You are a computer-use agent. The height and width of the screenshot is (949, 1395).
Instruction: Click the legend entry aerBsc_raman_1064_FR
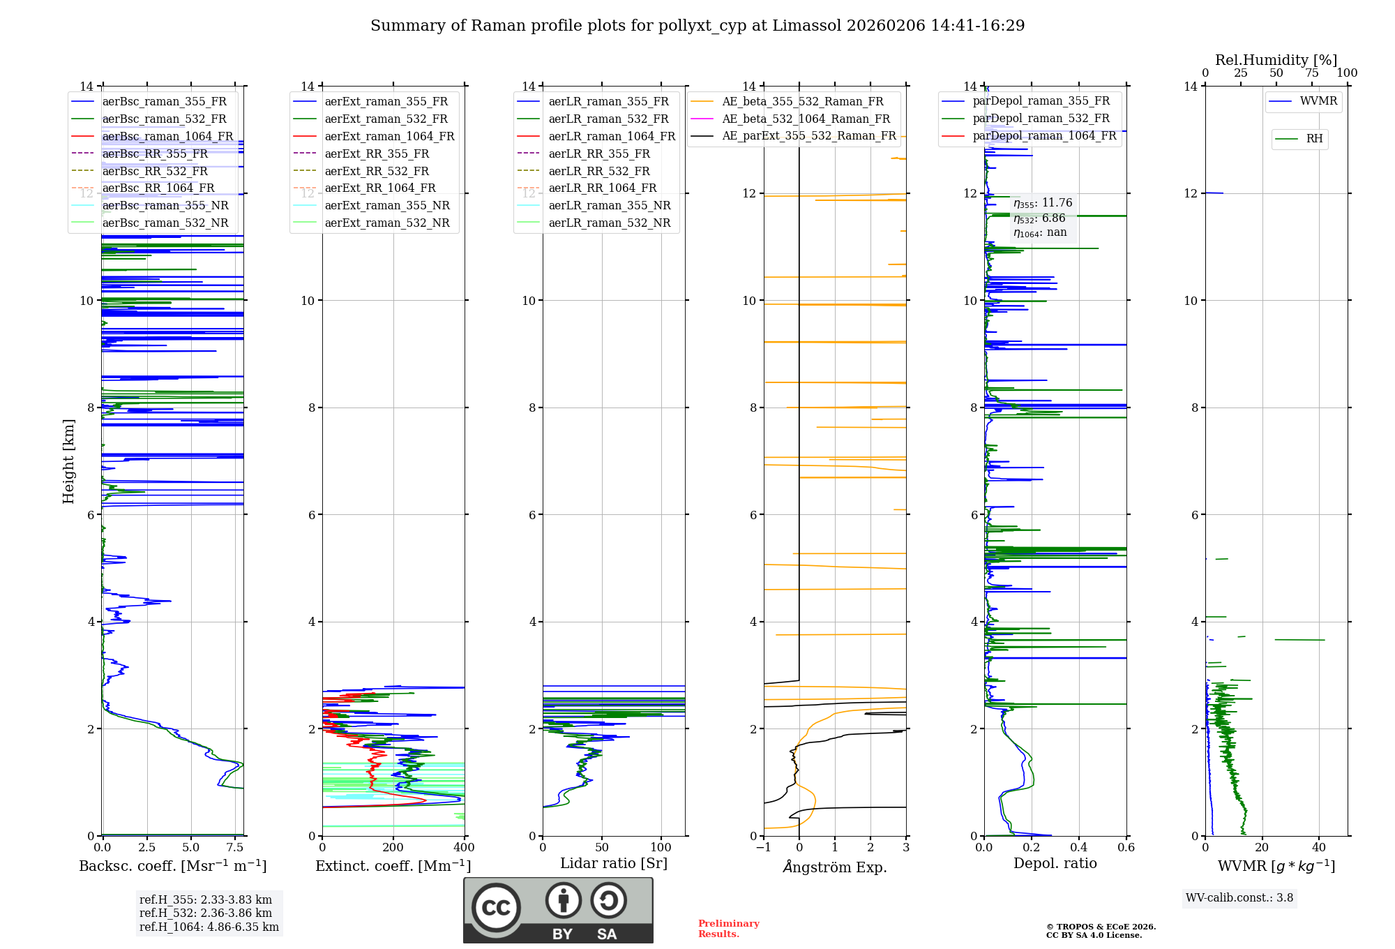coord(167,137)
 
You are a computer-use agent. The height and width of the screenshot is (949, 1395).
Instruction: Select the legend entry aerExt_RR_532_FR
coord(377,171)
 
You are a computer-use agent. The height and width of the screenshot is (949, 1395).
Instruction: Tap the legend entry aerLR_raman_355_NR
coord(609,206)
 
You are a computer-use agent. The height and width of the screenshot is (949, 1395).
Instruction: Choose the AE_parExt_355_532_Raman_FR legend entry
coord(808,136)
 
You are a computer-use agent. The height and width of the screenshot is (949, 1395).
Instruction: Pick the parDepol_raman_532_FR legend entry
coord(1041,119)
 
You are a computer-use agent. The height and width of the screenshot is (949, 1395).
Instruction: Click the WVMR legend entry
coord(1318,101)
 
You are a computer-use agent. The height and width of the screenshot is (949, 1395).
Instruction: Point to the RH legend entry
coord(1314,139)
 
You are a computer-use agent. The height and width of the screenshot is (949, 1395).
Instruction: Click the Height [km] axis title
coord(68,461)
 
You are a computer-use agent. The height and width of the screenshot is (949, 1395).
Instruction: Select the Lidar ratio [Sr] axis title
coord(614,864)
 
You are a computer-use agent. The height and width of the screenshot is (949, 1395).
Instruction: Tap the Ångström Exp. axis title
coord(835,867)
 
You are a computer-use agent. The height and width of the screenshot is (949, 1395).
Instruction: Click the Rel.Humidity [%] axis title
coord(1276,60)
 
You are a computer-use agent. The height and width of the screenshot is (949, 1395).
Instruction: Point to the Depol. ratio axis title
coord(1055,864)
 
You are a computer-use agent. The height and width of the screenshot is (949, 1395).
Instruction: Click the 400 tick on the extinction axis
coord(464,848)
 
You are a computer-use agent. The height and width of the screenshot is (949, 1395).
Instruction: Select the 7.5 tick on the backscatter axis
coord(235,848)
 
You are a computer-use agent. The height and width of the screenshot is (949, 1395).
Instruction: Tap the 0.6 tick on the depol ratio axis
coord(1126,848)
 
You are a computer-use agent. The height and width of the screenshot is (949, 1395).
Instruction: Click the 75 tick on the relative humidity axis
coord(1312,73)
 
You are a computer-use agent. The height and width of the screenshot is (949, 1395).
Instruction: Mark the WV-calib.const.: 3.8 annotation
coord(1239,898)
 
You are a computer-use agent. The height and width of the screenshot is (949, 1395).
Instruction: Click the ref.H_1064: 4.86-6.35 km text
coord(209,927)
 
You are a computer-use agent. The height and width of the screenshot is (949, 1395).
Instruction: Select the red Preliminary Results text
coord(728,929)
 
